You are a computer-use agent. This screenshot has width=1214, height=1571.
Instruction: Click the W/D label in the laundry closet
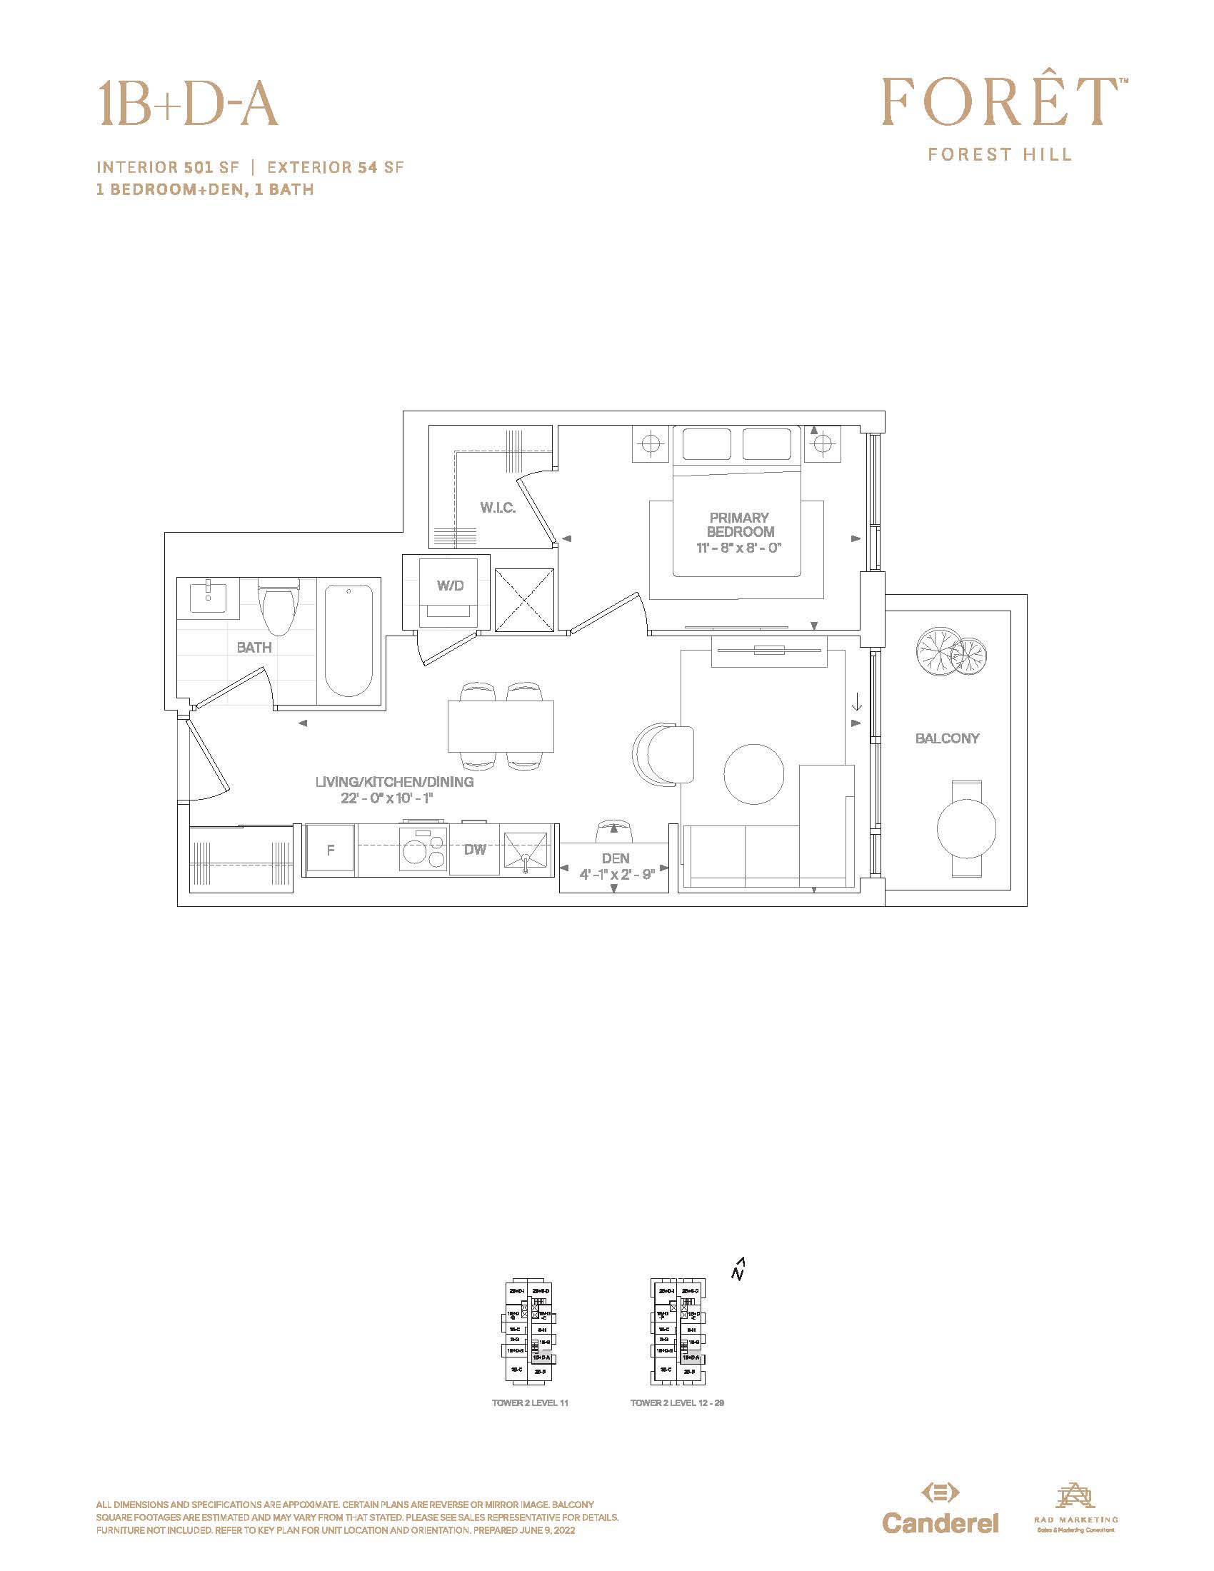point(450,586)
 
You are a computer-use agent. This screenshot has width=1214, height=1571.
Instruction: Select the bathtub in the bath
point(348,641)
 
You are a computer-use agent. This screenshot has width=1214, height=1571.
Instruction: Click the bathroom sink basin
point(209,597)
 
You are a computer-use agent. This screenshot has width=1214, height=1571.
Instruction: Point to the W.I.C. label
point(498,508)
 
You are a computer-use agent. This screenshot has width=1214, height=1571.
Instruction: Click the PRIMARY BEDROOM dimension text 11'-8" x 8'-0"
point(738,548)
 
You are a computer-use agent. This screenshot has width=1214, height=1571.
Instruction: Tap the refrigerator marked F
point(330,850)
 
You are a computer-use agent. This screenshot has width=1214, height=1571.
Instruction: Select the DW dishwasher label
point(475,850)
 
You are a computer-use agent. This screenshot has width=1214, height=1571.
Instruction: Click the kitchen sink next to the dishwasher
point(526,851)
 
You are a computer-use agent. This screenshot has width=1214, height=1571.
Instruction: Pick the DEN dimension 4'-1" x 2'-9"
point(616,875)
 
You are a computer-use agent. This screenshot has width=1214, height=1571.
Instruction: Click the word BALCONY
point(947,738)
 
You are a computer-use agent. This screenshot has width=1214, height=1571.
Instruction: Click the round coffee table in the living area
point(753,775)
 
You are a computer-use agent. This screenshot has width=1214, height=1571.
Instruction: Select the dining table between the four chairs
point(501,726)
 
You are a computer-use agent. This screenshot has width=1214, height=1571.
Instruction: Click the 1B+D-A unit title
point(189,104)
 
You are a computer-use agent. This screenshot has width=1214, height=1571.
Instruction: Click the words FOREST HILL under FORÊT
point(999,155)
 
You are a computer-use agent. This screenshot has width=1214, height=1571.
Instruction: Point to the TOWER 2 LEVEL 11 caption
point(530,1402)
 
